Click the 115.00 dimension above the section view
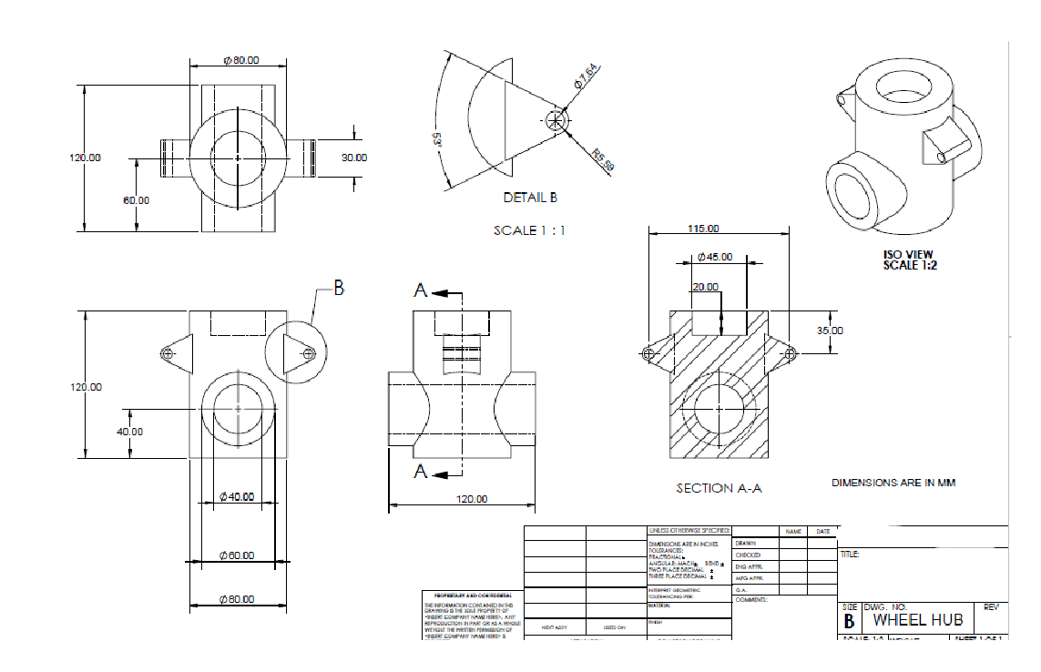[x=703, y=229]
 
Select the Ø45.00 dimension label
[x=714, y=257]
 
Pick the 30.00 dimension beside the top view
[x=353, y=158]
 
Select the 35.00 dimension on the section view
[x=830, y=331]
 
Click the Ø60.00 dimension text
[x=237, y=555]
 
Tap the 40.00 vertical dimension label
[x=130, y=431]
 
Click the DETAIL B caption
[x=529, y=198]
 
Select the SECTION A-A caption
[x=719, y=488]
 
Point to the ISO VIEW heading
[x=908, y=255]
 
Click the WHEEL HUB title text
[x=918, y=620]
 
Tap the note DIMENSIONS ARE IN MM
[x=893, y=483]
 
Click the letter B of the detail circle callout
[x=339, y=288]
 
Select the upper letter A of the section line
[x=421, y=290]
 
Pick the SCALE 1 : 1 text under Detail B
[x=529, y=230]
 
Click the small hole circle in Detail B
[x=556, y=120]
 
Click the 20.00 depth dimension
[x=705, y=287]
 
